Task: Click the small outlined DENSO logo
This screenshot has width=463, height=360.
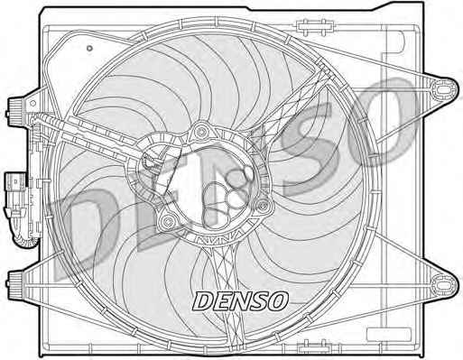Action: coord(240,301)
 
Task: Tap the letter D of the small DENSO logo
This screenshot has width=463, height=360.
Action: coord(203,301)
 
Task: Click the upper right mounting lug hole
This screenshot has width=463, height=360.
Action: coord(443,89)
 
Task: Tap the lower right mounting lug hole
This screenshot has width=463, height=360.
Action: coord(443,284)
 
